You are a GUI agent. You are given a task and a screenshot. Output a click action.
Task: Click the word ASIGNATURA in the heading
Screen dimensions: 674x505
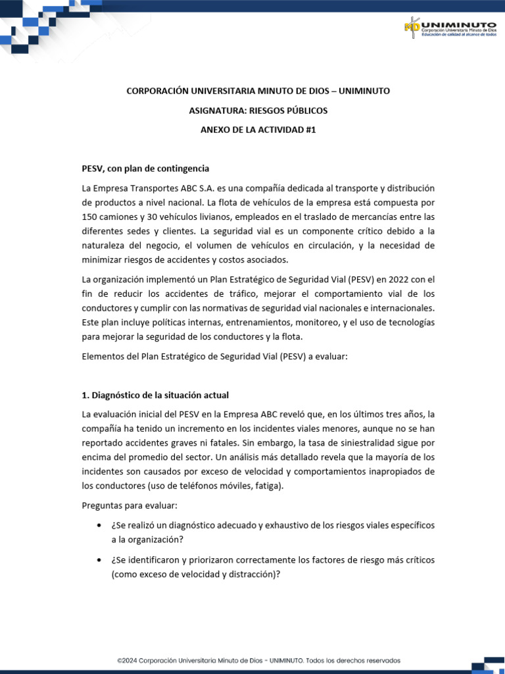pyautogui.click(x=213, y=111)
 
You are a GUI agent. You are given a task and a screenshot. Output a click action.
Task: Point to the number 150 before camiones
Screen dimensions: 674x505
pyautogui.click(x=89, y=217)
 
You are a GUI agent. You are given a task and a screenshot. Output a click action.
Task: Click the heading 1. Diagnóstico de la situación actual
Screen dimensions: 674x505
pyautogui.click(x=155, y=395)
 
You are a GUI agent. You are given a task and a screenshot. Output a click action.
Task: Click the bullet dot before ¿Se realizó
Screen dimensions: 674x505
pyautogui.click(x=99, y=525)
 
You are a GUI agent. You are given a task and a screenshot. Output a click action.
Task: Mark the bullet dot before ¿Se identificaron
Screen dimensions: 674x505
pyautogui.click(x=99, y=560)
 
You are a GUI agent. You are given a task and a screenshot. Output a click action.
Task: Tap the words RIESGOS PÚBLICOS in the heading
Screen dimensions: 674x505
pyautogui.click(x=285, y=111)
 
